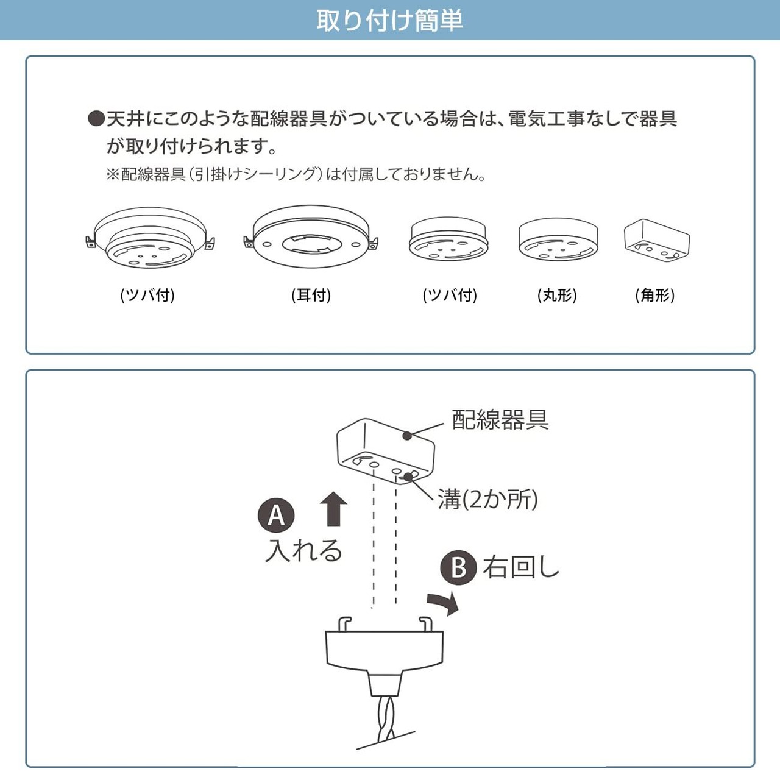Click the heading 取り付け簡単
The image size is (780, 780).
389,20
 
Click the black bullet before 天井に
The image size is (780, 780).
96,118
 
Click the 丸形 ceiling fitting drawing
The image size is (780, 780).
558,239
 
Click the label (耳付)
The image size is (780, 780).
311,296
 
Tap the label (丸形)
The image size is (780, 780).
557,296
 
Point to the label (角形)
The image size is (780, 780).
654,296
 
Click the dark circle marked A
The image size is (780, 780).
276,516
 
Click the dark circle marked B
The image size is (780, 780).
458,568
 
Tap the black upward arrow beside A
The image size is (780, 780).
333,509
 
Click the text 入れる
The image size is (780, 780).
303,550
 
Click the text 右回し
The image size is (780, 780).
521,567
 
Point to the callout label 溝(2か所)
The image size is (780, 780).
487,500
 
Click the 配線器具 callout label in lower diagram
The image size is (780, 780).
500,420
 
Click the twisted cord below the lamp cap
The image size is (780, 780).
386,719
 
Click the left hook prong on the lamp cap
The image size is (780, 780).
344,624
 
